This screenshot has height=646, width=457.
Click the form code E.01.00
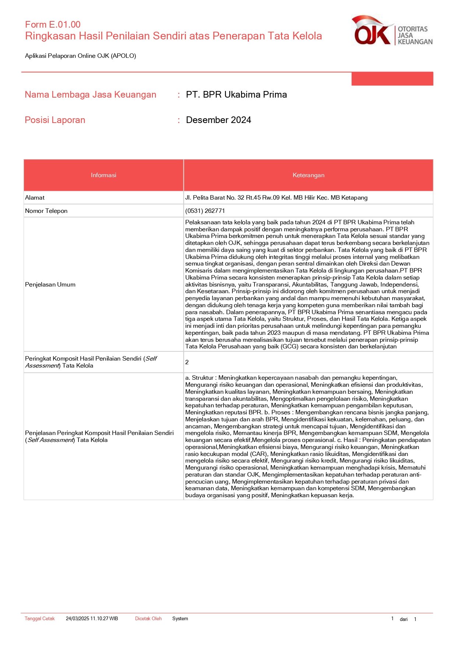coord(53,25)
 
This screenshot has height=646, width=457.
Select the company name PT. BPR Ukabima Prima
coord(236,95)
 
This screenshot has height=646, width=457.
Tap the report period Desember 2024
coord(218,120)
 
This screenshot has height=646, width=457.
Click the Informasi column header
coord(103,175)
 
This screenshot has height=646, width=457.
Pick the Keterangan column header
coord(308,175)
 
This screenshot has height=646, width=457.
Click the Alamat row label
coord(35,198)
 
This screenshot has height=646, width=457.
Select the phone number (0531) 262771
coord(205,211)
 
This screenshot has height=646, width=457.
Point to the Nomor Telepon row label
coord(46,211)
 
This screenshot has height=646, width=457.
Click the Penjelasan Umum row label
coord(50,285)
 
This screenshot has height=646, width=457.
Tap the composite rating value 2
coord(187,362)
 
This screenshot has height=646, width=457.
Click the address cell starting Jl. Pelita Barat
coord(276,198)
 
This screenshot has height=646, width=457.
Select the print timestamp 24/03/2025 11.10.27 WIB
coord(92,619)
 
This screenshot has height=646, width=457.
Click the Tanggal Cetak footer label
coord(39,619)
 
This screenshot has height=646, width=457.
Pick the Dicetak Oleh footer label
coord(148,619)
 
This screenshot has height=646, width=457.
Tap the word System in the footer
coord(180,619)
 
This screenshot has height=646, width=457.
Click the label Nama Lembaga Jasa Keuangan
coord(91,95)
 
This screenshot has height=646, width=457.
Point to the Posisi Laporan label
coord(55,120)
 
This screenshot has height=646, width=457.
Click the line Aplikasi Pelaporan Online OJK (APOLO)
coord(81,56)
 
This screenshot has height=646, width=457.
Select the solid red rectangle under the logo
coord(392,79)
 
